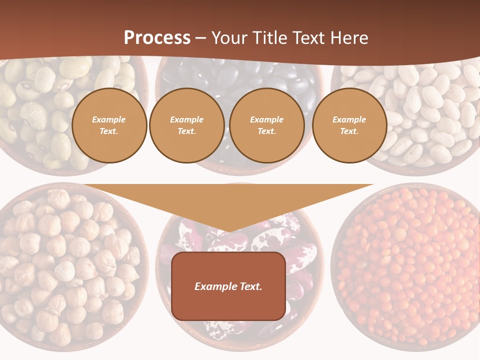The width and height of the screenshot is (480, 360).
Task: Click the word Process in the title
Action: tap(157, 38)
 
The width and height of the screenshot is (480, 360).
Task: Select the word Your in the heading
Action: tap(229, 38)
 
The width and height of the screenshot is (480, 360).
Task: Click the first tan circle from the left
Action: tap(109, 125)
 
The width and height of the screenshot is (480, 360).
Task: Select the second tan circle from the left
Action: tap(187, 125)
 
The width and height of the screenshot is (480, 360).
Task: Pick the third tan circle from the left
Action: tap(267, 125)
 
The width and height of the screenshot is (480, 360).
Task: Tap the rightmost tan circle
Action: tap(349, 125)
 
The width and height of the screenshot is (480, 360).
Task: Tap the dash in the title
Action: tap(201, 38)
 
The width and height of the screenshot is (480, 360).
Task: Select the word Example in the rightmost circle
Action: tap(349, 119)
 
